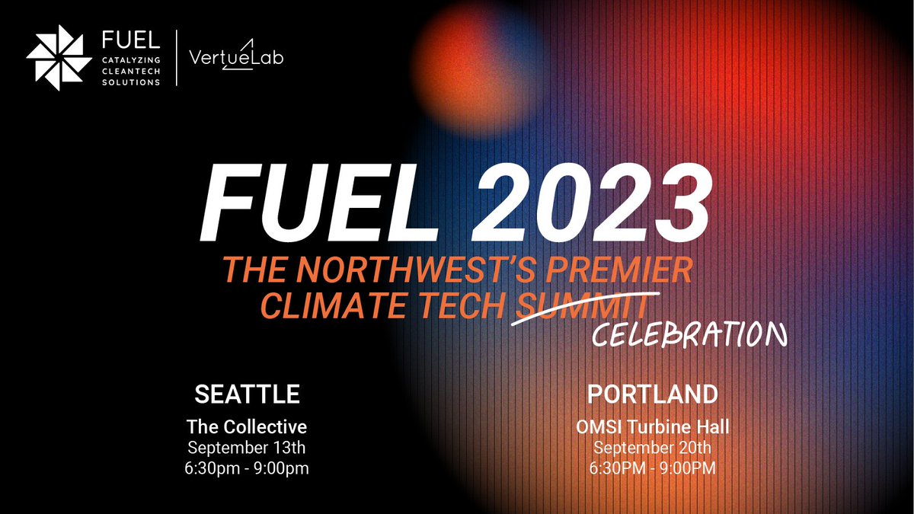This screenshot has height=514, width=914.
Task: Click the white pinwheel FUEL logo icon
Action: (58, 57)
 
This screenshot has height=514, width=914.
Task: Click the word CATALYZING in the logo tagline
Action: (133, 59)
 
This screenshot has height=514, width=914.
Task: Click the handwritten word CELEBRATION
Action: (685, 334)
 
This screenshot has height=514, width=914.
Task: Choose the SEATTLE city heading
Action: (248, 394)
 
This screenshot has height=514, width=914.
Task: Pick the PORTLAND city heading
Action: (653, 394)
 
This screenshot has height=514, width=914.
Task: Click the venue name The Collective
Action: (248, 426)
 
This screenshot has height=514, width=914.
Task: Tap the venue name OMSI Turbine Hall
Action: (653, 426)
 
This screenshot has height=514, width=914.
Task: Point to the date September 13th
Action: (248, 447)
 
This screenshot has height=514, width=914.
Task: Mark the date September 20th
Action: (653, 448)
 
